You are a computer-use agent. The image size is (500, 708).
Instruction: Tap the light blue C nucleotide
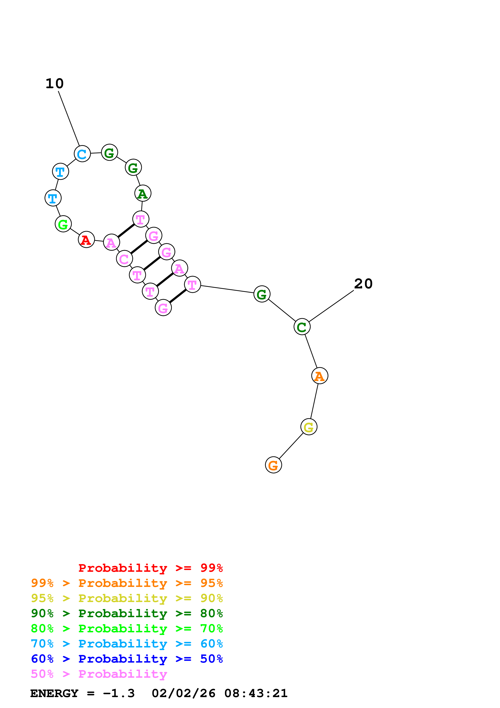[x=82, y=154]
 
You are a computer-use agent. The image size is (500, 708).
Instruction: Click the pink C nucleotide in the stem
[x=124, y=259]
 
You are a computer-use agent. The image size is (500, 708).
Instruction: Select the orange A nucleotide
[x=319, y=376]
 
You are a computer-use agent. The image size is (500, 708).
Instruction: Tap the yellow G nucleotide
[x=309, y=427]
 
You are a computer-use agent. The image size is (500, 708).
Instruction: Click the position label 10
[x=54, y=84]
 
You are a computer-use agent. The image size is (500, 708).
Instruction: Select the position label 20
[x=363, y=284]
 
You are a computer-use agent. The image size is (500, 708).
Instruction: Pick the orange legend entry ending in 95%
[x=127, y=583]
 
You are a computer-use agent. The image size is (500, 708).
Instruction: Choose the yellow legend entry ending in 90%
[x=127, y=598]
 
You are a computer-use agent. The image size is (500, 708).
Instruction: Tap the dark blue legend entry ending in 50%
[x=127, y=659]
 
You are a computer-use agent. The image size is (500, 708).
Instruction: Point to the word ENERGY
[x=54, y=693]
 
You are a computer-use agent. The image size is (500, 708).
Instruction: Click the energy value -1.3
[x=119, y=693]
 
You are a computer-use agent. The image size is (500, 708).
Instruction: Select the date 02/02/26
[x=183, y=693]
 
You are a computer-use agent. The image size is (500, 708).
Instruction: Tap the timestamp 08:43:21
[x=256, y=693]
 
